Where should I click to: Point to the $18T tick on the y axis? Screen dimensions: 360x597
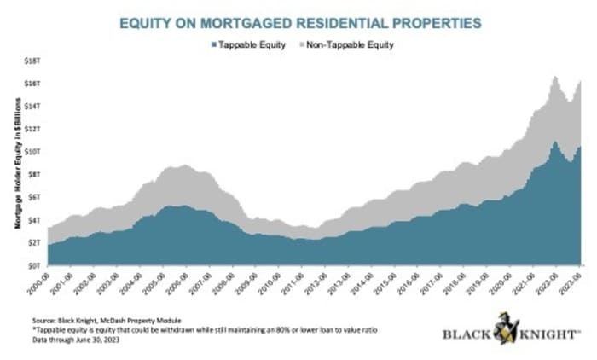(33, 61)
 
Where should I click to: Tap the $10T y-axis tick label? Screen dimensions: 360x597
(33, 151)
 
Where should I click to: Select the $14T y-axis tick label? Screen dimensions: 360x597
(33, 106)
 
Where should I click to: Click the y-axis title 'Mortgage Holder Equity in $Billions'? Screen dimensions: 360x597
(16, 162)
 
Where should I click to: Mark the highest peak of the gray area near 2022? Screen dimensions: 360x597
(554, 78)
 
